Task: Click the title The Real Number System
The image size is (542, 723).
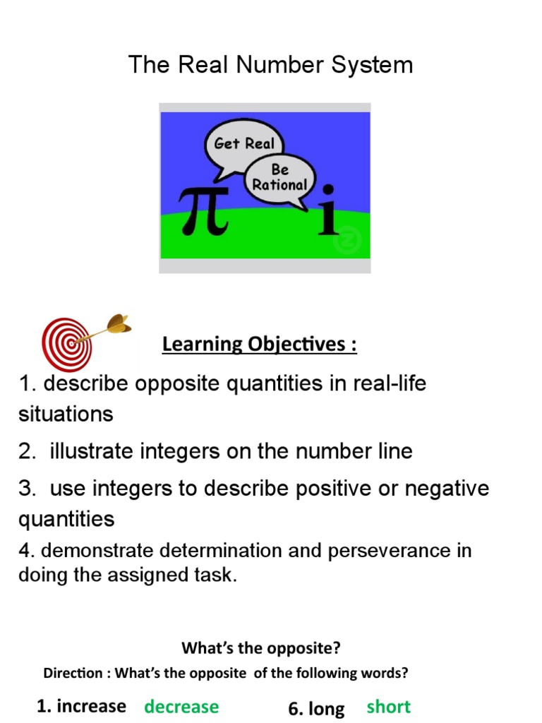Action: pyautogui.click(x=270, y=65)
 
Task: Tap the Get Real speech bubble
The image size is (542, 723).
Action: pyautogui.click(x=244, y=143)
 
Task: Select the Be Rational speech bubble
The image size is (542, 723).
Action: pyautogui.click(x=280, y=178)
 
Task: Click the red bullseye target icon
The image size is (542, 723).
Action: pyautogui.click(x=68, y=342)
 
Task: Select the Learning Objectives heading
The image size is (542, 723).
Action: pyautogui.click(x=259, y=345)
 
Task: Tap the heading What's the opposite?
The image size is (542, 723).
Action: pyautogui.click(x=260, y=647)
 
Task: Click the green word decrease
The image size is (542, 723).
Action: pyautogui.click(x=181, y=707)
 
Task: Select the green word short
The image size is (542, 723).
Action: pyautogui.click(x=388, y=707)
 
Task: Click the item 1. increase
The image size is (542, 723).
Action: pyautogui.click(x=81, y=706)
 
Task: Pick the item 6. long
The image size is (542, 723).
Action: pyautogui.click(x=316, y=708)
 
